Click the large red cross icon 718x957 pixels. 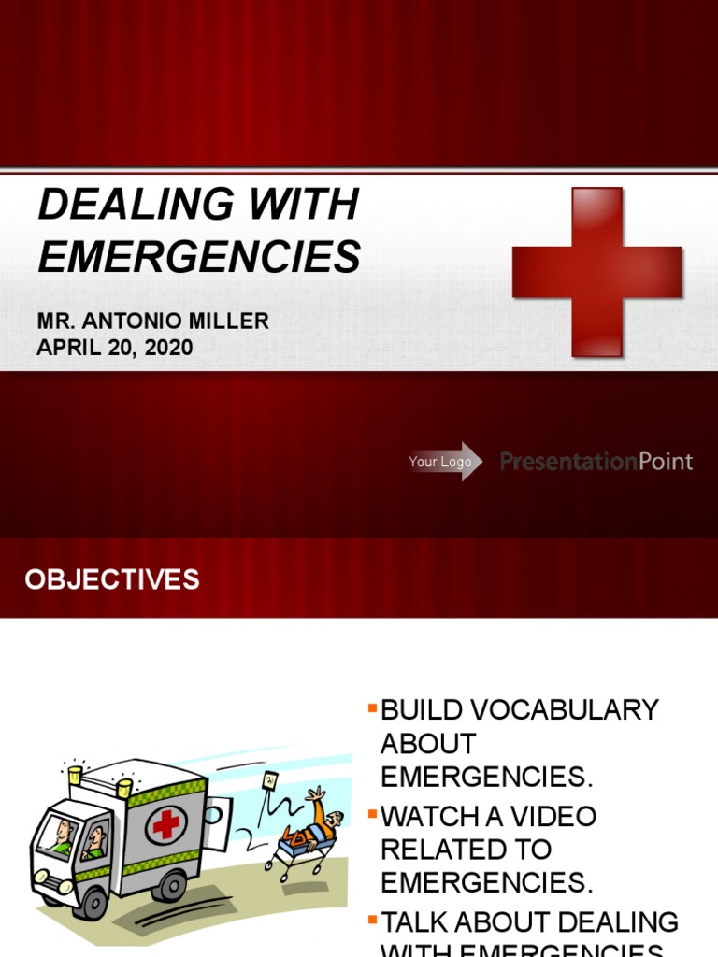[596, 271]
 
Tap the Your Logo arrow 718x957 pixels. [445, 462]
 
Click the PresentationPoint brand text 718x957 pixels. [596, 461]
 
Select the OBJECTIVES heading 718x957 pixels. [112, 579]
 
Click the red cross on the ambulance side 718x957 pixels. [166, 823]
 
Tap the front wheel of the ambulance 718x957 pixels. [93, 903]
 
